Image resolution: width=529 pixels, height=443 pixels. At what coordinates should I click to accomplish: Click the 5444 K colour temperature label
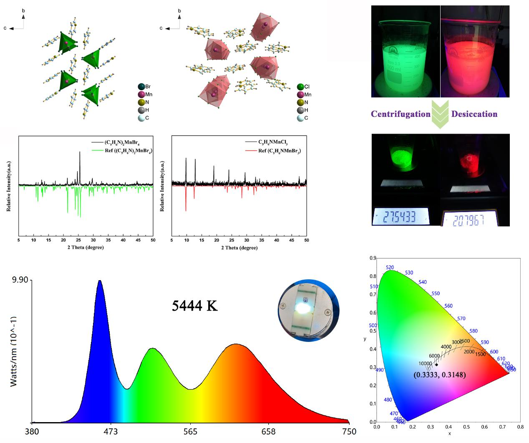(194, 306)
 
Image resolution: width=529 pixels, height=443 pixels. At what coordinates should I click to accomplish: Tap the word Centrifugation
(401, 114)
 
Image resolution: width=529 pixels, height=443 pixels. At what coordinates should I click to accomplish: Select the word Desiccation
(474, 114)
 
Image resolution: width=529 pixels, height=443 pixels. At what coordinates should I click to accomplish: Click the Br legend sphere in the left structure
(141, 87)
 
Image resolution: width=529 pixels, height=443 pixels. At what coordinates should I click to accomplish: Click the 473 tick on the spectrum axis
(111, 431)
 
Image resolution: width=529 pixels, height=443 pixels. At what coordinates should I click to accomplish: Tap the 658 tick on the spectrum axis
(268, 431)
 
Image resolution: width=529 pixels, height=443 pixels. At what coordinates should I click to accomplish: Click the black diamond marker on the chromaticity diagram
(436, 365)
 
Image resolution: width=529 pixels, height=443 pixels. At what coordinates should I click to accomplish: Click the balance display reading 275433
(400, 217)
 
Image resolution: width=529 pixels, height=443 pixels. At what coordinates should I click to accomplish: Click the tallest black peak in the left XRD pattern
(80, 153)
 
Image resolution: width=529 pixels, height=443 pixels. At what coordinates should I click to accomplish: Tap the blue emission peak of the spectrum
(99, 282)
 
